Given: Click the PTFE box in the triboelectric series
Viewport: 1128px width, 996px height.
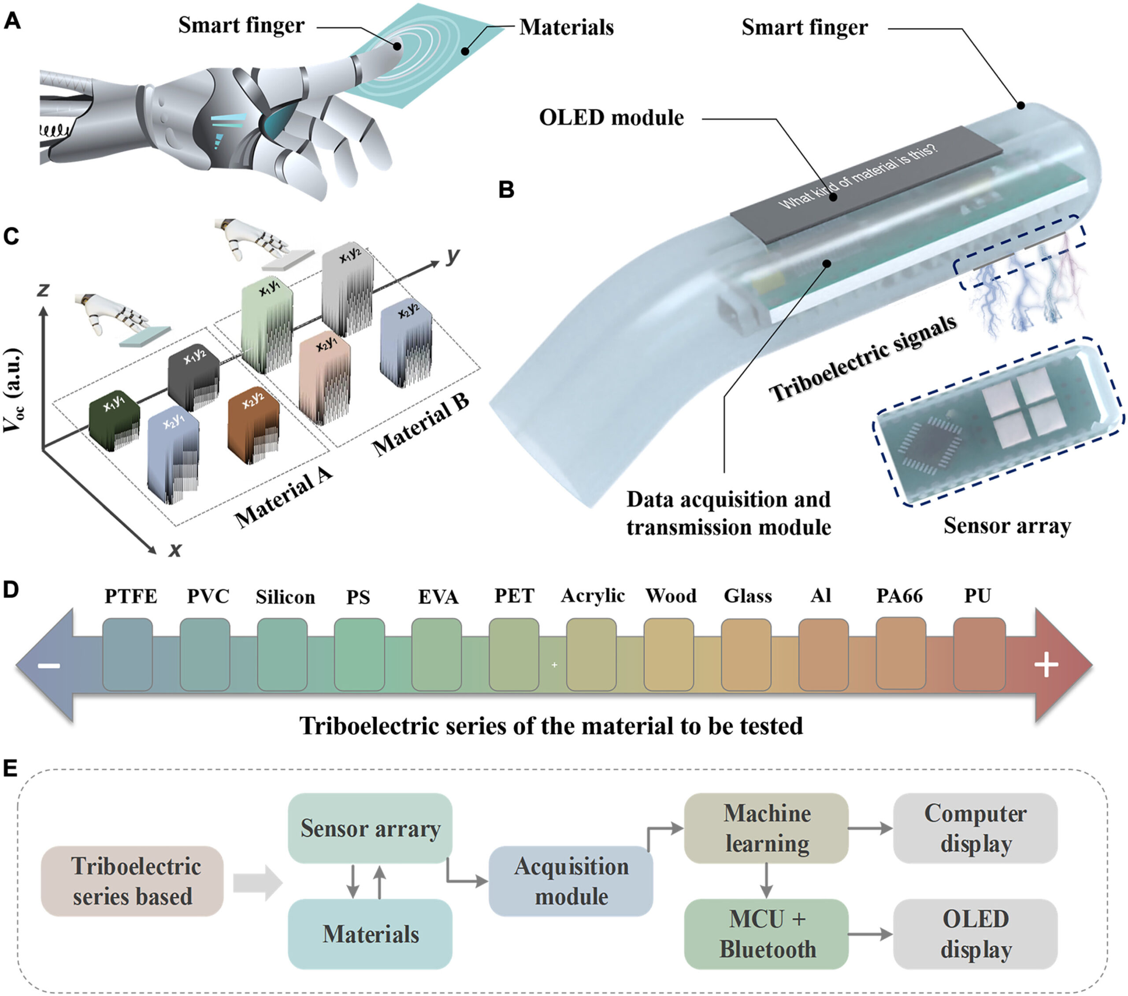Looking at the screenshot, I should coord(127,654).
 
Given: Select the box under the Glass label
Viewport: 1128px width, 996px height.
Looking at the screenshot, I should coord(746,654).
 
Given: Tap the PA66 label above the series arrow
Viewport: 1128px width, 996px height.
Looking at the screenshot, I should coord(899,596).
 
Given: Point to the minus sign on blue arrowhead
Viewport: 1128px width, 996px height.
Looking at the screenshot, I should coord(48,665).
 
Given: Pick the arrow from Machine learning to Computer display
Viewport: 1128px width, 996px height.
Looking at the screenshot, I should coord(870,828).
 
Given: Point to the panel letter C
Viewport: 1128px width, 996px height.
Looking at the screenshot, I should coord(11,236).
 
